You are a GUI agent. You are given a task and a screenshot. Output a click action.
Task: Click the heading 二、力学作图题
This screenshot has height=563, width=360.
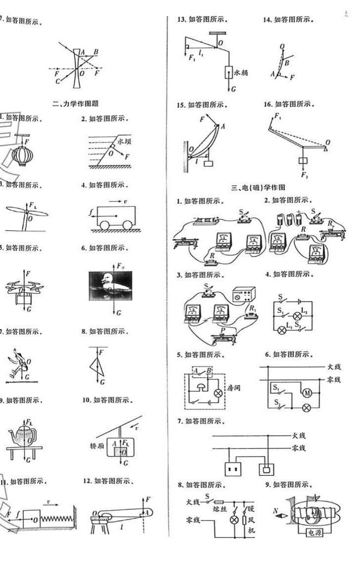coord(75,103)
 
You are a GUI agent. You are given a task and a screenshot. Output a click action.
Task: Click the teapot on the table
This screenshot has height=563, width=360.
coord(22,436)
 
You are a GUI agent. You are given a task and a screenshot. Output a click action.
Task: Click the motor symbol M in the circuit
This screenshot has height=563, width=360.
coord(307,393)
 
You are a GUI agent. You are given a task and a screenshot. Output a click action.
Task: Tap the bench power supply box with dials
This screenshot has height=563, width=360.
coord(244,296)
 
